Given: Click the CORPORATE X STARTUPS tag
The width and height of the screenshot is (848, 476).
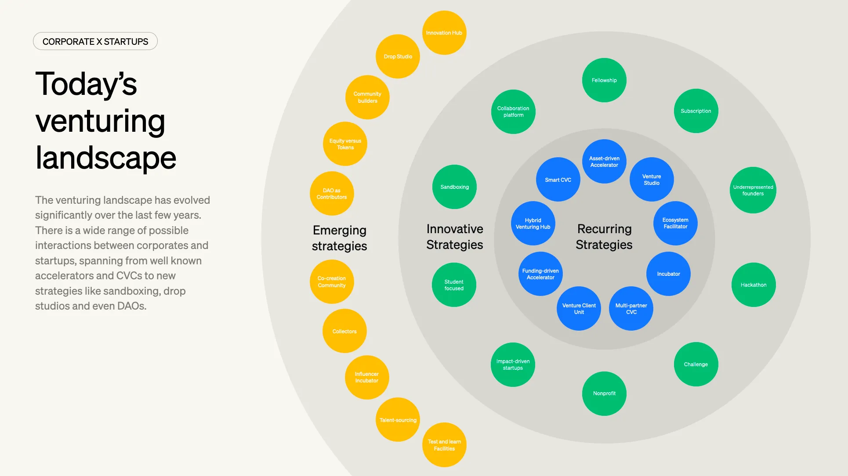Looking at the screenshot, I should click(x=95, y=41).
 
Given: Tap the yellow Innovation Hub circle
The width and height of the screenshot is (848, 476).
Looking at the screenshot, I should click(x=444, y=33).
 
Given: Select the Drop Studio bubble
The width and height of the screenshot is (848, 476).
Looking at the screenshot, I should click(x=398, y=57).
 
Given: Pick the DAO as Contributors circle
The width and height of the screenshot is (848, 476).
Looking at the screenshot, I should click(x=332, y=194).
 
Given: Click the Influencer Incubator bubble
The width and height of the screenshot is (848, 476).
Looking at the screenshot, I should click(x=367, y=377).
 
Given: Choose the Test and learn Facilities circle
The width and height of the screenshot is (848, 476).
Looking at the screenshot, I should click(x=444, y=445).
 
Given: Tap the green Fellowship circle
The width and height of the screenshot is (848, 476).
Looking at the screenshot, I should click(x=604, y=80).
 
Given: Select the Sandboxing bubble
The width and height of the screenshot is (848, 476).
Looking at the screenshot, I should click(x=454, y=187).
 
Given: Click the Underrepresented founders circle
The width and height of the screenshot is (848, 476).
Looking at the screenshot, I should click(x=753, y=190).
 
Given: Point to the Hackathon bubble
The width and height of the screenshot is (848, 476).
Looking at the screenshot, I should click(x=754, y=285).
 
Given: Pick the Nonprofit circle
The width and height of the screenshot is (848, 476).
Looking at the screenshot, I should click(x=604, y=393).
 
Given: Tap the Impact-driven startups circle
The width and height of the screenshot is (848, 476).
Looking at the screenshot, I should click(x=513, y=364).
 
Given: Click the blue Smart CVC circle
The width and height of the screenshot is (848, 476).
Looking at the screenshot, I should click(x=558, y=180).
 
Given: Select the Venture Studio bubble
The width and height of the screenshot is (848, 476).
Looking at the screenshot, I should click(x=652, y=180).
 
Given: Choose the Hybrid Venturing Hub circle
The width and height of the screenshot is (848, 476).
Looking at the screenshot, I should click(x=533, y=224).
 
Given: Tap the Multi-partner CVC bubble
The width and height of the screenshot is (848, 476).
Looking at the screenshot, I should click(x=631, y=309).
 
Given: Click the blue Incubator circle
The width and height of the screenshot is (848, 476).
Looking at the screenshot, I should click(x=668, y=274).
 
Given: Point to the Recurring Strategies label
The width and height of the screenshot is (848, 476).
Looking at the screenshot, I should click(x=604, y=237).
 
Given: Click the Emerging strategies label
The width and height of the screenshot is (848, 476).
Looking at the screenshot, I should click(x=340, y=238).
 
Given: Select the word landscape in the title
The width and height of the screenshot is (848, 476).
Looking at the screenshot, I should click(x=106, y=158).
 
